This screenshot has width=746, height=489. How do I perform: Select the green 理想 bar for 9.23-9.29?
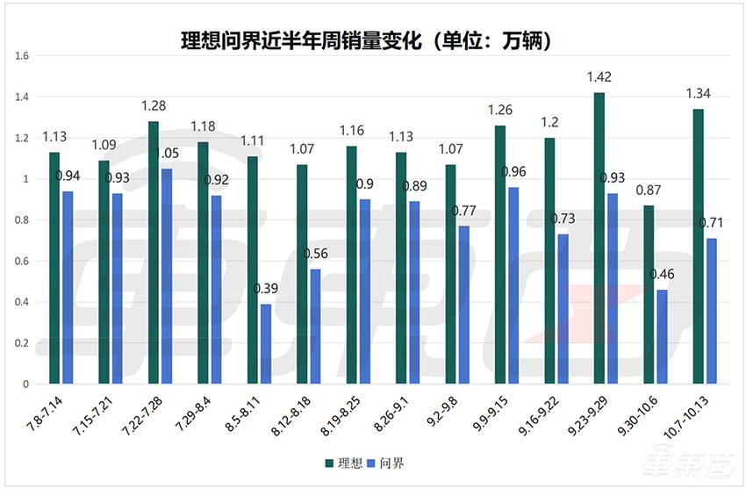coord(599,238)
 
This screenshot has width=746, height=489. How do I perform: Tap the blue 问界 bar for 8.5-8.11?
coord(265,344)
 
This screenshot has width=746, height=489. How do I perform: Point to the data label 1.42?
coord(599,77)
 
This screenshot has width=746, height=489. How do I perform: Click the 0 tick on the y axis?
coord(27,385)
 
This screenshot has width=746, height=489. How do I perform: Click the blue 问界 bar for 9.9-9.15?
coord(513,285)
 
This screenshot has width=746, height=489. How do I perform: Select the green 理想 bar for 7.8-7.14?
coord(54,268)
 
